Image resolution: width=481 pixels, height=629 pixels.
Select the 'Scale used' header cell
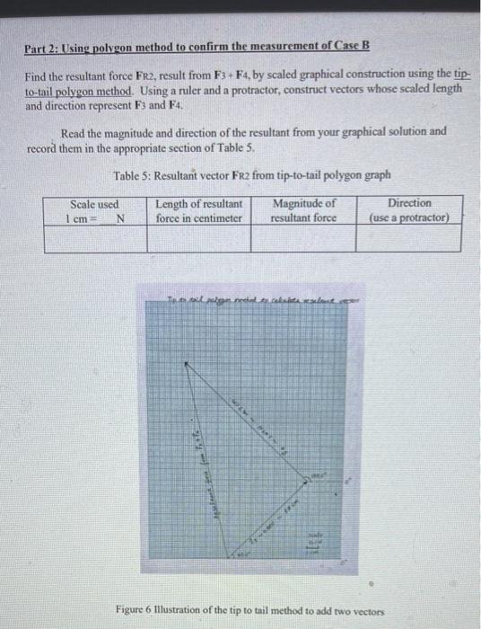(94, 209)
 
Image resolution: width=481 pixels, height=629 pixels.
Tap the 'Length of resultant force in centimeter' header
(198, 210)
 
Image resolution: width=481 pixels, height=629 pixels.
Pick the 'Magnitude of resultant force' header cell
(303, 210)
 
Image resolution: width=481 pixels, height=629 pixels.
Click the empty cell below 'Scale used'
(94, 237)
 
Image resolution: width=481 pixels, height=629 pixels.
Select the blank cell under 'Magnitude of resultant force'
(303, 237)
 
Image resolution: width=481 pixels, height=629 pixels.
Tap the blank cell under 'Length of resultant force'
(198, 237)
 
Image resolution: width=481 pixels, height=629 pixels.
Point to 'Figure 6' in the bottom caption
(137, 611)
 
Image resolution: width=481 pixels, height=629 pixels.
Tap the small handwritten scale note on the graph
(319, 540)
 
